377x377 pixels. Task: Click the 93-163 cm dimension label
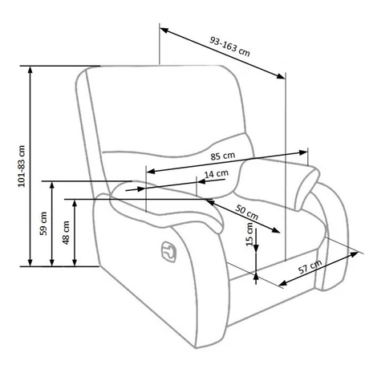tap(229, 47)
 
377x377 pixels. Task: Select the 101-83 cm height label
tap(22, 166)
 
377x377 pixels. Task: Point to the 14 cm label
tap(217, 174)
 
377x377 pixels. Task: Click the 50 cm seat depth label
tap(246, 212)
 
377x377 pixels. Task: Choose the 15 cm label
tap(249, 234)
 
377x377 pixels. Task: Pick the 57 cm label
tap(310, 266)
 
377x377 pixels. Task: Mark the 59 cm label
tap(43, 224)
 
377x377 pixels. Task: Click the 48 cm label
tap(66, 233)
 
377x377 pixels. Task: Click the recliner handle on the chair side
tap(168, 251)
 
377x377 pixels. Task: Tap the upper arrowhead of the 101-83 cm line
tap(30, 70)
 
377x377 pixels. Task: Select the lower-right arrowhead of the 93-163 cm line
tap(281, 76)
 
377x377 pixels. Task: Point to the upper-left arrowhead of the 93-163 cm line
tap(164, 30)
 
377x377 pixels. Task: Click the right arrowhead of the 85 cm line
tap(303, 152)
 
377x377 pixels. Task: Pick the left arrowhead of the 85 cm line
tap(151, 171)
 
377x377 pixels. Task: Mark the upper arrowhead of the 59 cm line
tap(52, 185)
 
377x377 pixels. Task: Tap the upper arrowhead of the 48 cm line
tap(75, 204)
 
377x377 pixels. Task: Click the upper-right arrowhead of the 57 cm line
tap(354, 254)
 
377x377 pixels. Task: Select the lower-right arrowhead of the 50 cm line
tap(276, 230)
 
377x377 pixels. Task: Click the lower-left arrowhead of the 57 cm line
tap(283, 283)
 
